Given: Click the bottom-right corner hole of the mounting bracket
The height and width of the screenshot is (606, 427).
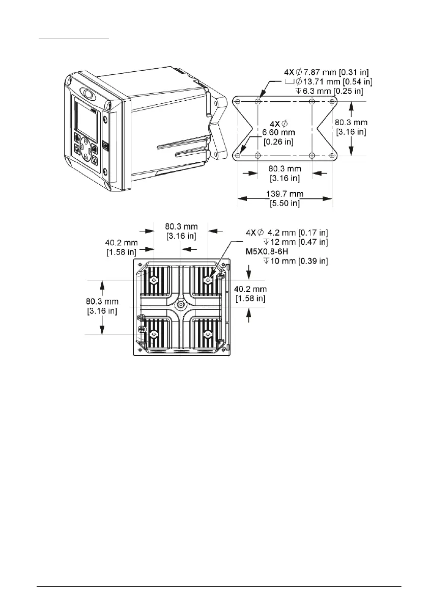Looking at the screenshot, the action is coord(332,155).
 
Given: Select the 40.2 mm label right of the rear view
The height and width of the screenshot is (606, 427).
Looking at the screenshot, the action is coord(250,294).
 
